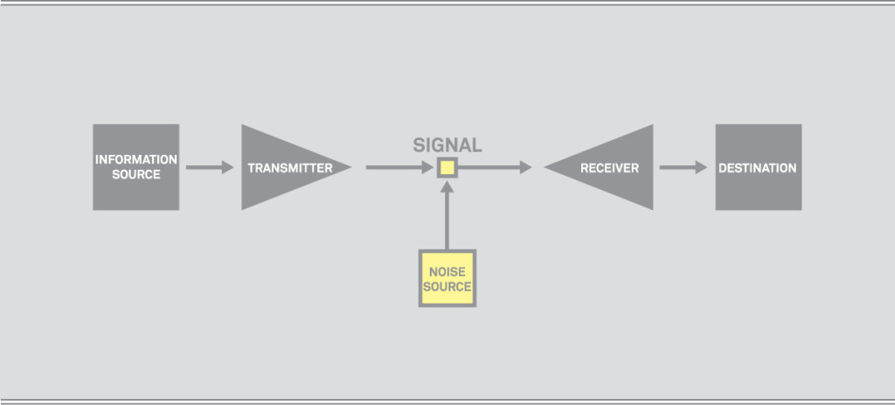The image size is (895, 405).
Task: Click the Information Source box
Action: [x=135, y=166]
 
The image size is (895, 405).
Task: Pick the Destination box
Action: [x=758, y=166]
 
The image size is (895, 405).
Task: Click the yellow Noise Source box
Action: [x=447, y=278]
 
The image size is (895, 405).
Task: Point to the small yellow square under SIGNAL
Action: [x=447, y=167]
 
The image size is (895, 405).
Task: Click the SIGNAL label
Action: [x=447, y=145]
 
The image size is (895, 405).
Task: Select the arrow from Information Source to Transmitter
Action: [x=210, y=167]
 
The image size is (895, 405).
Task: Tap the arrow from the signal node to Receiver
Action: [x=495, y=167]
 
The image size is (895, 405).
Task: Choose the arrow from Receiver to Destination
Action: [x=683, y=167]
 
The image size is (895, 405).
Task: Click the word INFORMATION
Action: [x=136, y=160]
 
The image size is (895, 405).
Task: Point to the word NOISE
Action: [x=447, y=272]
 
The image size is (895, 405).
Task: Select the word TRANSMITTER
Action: [x=289, y=168]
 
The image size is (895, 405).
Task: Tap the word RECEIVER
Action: [x=610, y=168]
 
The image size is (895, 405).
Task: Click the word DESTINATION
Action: [x=758, y=168]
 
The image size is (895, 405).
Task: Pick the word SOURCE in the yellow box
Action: [x=447, y=286]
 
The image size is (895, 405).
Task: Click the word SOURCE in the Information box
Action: [x=136, y=174]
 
